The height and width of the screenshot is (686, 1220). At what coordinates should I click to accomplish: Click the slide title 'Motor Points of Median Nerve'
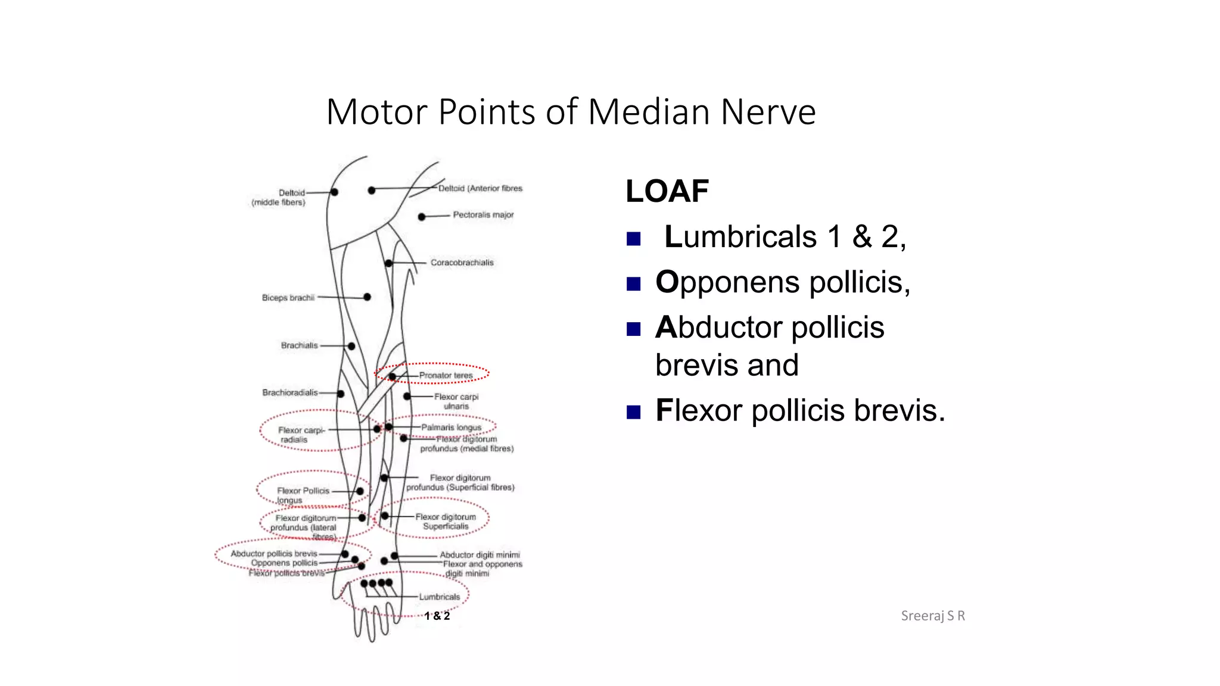click(571, 112)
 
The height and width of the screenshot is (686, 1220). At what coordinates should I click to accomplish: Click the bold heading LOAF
click(667, 192)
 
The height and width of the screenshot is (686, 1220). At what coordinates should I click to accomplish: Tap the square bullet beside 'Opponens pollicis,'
click(633, 283)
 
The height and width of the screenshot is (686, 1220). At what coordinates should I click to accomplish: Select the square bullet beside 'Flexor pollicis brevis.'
click(633, 412)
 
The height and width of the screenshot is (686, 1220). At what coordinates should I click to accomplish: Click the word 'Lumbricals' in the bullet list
click(740, 237)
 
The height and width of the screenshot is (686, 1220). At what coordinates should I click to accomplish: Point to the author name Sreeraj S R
click(932, 616)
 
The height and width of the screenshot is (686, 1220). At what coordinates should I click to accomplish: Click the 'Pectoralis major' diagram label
click(483, 215)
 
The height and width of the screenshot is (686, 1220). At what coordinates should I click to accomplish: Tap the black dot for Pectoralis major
click(422, 217)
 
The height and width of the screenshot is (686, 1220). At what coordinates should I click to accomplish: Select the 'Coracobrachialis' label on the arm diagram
click(462, 263)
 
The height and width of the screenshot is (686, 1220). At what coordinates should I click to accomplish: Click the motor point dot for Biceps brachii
click(367, 297)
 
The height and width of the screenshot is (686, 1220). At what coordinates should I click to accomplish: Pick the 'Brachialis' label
click(299, 345)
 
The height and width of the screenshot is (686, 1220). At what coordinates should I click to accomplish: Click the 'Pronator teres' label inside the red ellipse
click(446, 375)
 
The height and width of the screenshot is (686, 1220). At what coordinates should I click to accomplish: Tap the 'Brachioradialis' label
click(290, 393)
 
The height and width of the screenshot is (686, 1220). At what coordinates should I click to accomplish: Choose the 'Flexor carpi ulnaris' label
click(456, 401)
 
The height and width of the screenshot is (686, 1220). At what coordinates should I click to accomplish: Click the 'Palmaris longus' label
click(451, 428)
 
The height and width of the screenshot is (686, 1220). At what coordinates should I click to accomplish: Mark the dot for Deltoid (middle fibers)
click(334, 192)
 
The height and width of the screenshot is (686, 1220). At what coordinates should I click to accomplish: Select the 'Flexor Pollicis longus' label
click(302, 495)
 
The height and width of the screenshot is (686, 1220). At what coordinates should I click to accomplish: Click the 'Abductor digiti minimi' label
click(480, 554)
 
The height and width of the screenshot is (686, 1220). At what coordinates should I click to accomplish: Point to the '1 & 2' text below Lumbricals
click(437, 616)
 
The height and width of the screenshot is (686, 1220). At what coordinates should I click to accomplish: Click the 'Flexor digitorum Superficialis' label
click(446, 522)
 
